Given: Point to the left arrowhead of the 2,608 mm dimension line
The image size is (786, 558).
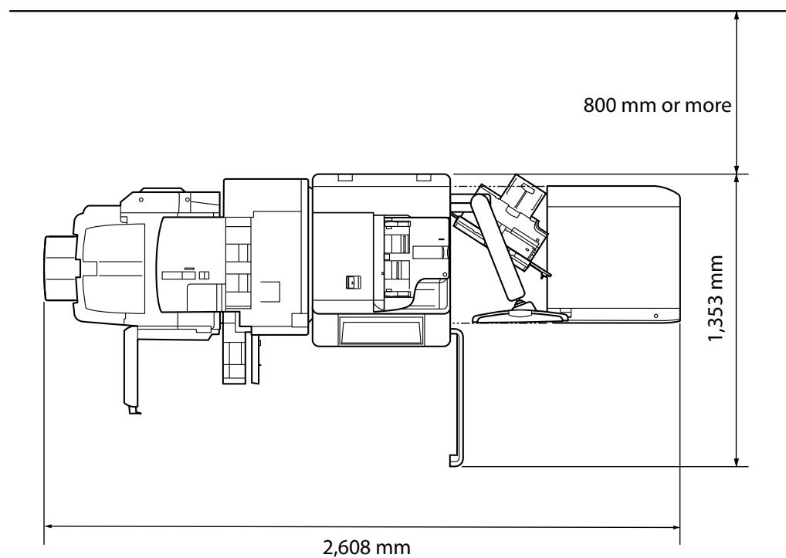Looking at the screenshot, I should pyautogui.click(x=49, y=526).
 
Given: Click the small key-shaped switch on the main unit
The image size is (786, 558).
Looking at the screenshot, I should pyautogui.click(x=351, y=282).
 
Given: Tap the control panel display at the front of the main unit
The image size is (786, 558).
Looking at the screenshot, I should pyautogui.click(x=381, y=333).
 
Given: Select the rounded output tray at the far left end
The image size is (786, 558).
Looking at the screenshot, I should pyautogui.click(x=58, y=268).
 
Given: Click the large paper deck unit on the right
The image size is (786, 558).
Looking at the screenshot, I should pyautogui.click(x=614, y=255).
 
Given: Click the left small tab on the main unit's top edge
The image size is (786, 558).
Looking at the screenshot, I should pyautogui.click(x=344, y=178).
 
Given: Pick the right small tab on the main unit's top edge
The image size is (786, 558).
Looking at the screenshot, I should pyautogui.click(x=423, y=178).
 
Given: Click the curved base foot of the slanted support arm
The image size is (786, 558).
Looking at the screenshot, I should pyautogui.click(x=513, y=313).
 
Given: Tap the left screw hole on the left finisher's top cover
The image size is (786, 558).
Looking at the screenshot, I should pyautogui.click(x=141, y=198).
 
